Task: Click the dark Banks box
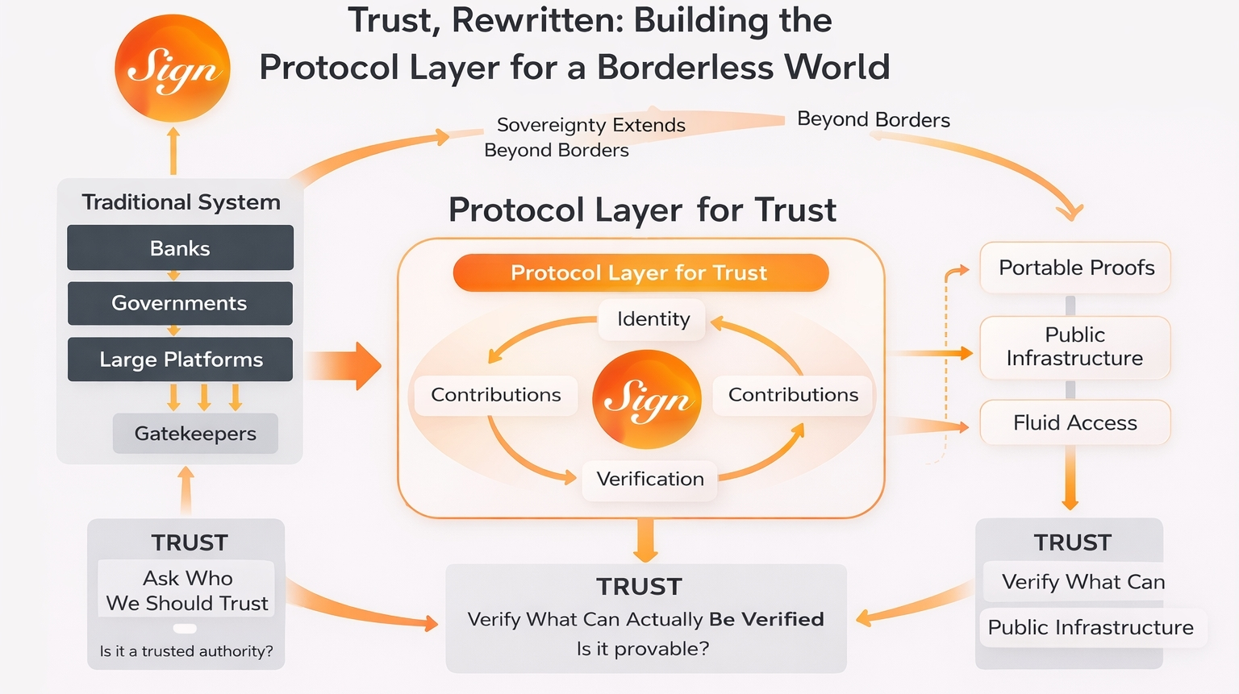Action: point(180,247)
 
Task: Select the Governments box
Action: point(180,303)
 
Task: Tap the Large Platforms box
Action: point(180,359)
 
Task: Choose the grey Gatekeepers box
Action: point(195,434)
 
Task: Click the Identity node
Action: point(653,319)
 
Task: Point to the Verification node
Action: point(650,479)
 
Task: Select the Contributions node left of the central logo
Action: point(495,395)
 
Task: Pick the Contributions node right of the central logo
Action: point(793,395)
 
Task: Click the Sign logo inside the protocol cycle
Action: point(647,399)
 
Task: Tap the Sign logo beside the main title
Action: point(173,69)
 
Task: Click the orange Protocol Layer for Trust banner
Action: point(640,272)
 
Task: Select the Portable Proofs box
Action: point(1075,268)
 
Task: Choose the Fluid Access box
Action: point(1074,422)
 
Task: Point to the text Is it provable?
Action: point(643,649)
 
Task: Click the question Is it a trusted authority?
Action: point(186,651)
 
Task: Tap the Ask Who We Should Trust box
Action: point(186,590)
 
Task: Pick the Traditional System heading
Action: point(181,202)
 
